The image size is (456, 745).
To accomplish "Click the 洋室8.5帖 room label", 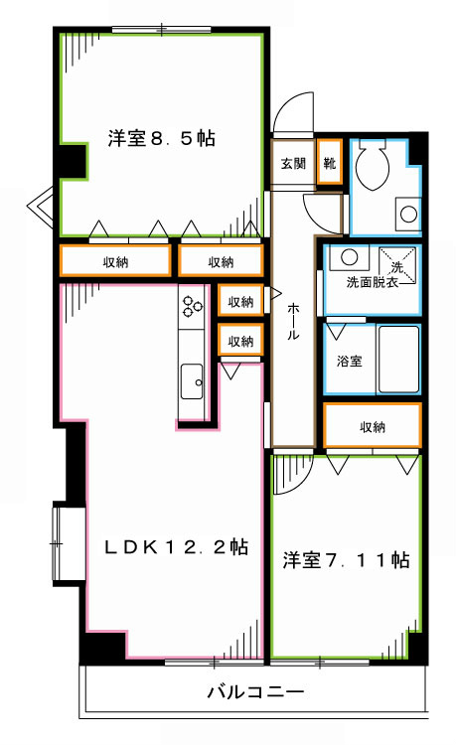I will tap(161, 138).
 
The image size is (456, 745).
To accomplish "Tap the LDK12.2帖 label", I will tap(177, 546).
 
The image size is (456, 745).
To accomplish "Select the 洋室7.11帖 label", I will tap(345, 560).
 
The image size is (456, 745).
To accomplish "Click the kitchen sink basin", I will tap(191, 379).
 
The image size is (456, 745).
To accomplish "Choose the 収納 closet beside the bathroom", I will tap(373, 427).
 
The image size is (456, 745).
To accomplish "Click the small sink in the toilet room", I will tap(407, 213).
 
